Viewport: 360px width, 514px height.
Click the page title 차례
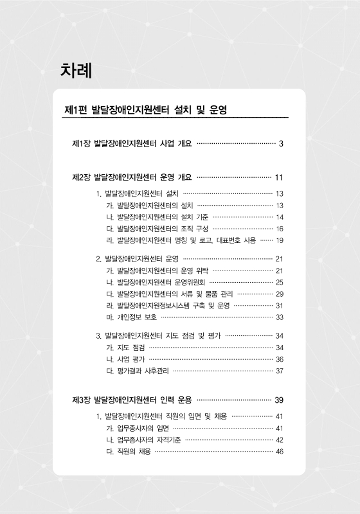(x=76, y=70)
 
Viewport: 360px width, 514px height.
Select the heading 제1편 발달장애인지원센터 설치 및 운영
(x=147, y=111)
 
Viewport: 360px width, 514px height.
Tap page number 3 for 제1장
(x=281, y=143)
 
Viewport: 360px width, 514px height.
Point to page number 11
(x=279, y=177)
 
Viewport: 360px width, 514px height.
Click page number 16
(x=280, y=228)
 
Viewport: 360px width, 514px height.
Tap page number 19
(x=280, y=240)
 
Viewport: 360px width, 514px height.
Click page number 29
(x=280, y=294)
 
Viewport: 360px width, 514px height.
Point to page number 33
(x=280, y=317)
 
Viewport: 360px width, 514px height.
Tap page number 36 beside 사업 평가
(x=280, y=359)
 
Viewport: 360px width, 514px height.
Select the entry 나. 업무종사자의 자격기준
(x=143, y=439)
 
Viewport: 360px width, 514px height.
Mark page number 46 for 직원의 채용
(x=280, y=451)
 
